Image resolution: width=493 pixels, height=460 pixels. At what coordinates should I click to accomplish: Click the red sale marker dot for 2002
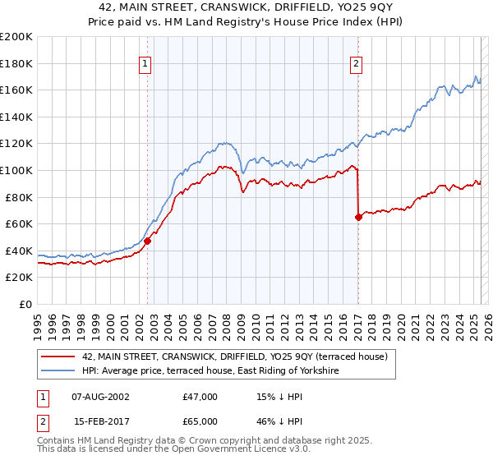(148, 241)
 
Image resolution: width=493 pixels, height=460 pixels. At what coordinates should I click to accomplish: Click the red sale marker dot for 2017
(358, 218)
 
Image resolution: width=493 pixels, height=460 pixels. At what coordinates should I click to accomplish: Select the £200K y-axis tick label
(16, 37)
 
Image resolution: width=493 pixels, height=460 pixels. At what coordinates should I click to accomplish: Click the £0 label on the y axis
(26, 304)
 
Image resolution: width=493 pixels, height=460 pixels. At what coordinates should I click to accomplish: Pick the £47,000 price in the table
(200, 397)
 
